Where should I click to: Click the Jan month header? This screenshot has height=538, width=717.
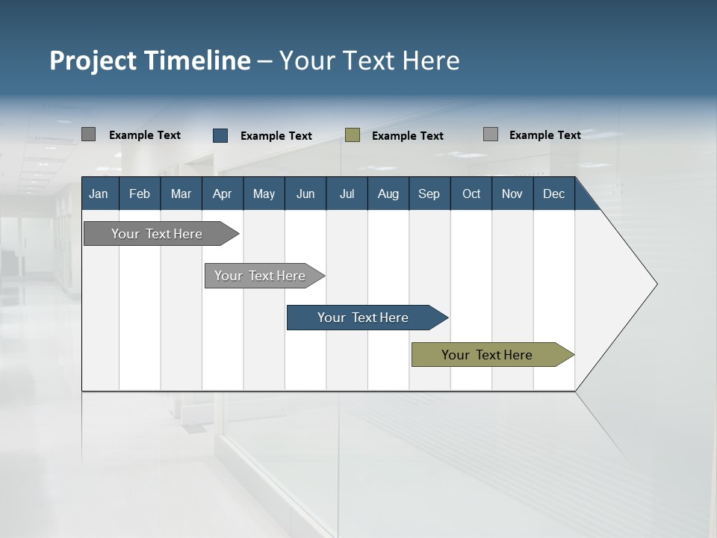99,194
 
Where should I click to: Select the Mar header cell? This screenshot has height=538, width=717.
181,194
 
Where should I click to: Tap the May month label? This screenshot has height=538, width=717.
264,194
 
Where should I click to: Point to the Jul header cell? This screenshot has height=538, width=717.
347,194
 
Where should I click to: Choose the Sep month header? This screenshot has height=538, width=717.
429,194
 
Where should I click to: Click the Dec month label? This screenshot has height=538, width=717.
553,194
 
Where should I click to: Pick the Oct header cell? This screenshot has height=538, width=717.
471,194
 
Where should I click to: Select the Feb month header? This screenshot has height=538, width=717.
140,194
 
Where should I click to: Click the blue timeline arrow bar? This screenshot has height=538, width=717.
363,318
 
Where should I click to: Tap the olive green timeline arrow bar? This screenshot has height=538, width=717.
487,355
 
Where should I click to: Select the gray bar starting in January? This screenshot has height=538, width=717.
157,234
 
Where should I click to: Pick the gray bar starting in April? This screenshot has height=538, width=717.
260,276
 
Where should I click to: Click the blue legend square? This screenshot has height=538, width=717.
220,135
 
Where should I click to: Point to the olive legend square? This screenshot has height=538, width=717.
353,135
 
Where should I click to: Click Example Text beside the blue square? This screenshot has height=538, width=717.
276,136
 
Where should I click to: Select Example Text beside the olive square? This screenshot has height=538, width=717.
408,136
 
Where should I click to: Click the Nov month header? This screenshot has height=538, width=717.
512,194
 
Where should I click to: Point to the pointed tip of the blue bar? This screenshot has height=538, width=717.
445,318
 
